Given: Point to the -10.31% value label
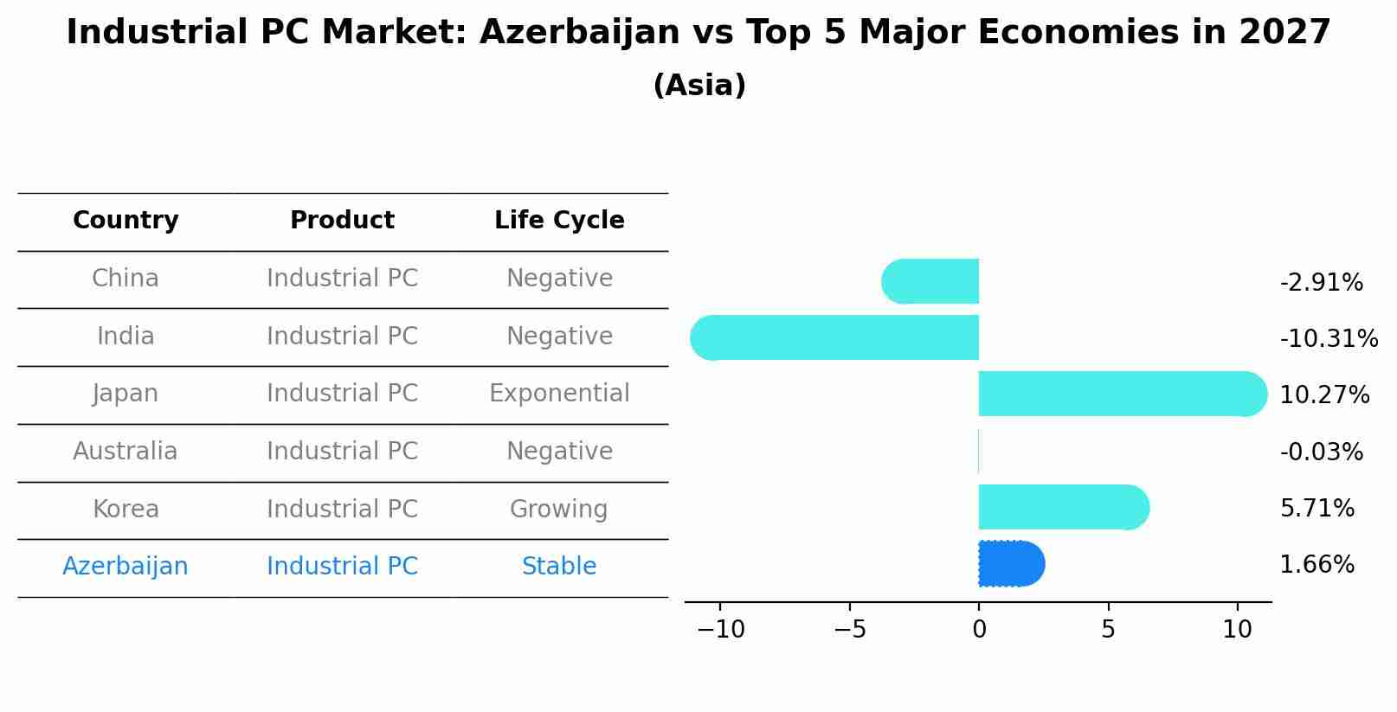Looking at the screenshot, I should (x=1328, y=338).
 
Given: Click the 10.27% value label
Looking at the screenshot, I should (x=1323, y=395).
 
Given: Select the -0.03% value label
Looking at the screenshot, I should (x=1321, y=452).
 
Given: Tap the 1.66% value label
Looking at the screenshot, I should (x=1317, y=565).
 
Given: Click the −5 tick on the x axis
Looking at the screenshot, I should (x=849, y=630).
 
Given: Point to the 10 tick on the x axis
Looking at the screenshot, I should (x=1237, y=630).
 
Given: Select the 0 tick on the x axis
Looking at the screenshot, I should (x=979, y=630).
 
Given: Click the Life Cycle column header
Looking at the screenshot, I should (x=559, y=221).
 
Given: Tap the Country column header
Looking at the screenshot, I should (x=126, y=221).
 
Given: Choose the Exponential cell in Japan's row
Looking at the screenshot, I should (x=559, y=394).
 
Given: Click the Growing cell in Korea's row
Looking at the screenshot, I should (x=559, y=509).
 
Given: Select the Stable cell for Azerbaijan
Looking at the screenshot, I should (x=559, y=567).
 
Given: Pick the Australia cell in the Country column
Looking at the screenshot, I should (x=126, y=452).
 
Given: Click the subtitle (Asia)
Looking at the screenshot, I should (x=698, y=86).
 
